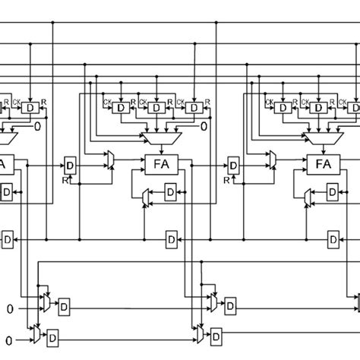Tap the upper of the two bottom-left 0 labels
click(11, 308)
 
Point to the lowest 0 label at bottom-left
click(11, 338)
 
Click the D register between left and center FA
click(70, 165)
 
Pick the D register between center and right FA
click(233, 165)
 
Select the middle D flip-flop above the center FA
click(155, 109)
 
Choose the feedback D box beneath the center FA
click(169, 195)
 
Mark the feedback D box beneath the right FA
click(333, 195)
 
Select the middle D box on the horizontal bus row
click(171, 241)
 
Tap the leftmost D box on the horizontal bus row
click(7, 241)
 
